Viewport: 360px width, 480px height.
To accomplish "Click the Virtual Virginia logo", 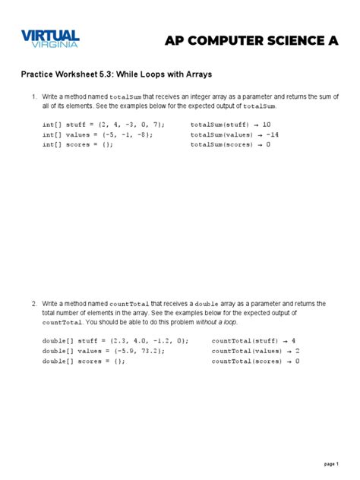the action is [x=50, y=39].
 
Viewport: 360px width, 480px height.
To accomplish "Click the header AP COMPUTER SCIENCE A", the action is [x=251, y=41].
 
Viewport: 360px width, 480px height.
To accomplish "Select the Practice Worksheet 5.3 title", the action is [x=116, y=76].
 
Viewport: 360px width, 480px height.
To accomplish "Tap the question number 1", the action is [x=34, y=97].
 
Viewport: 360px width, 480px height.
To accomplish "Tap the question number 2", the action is [x=34, y=304].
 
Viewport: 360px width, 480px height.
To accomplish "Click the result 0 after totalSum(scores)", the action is [x=268, y=144].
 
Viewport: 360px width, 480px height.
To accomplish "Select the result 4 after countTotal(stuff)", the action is [x=293, y=340].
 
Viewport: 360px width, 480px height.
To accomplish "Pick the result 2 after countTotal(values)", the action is [x=297, y=351].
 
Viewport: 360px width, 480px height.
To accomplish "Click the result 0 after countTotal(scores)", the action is [x=297, y=362].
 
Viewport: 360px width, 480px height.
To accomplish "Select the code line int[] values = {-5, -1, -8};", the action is [x=98, y=134].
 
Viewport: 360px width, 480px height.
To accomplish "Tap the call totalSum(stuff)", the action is [x=220, y=123].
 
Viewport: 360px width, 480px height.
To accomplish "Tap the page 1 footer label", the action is [x=331, y=463].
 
